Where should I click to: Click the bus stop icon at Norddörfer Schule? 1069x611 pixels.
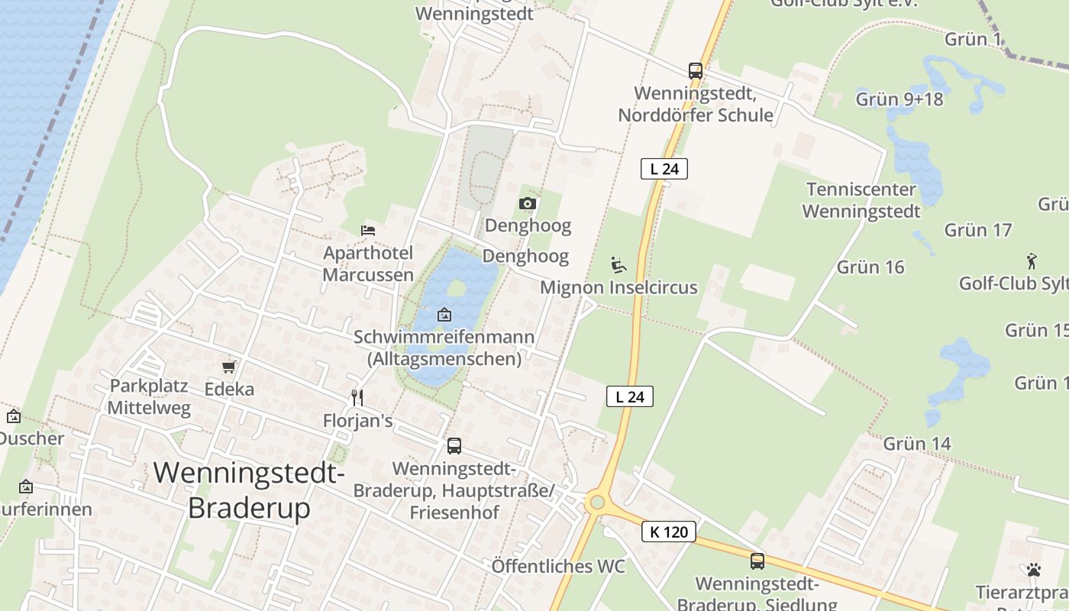pos(695,71)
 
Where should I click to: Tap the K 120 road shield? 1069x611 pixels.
pos(669,532)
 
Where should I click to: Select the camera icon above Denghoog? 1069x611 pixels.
pos(527,203)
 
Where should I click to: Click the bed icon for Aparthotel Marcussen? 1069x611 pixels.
pos(368,230)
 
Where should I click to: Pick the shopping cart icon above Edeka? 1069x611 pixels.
pos(228,367)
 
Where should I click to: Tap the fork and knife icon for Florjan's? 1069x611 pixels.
pos(357,397)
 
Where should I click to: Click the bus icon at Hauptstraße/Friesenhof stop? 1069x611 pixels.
pos(454,446)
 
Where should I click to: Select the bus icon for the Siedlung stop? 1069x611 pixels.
pos(757,561)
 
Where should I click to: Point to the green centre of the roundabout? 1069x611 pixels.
pos(596,502)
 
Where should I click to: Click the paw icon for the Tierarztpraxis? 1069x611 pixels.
pos(1034,570)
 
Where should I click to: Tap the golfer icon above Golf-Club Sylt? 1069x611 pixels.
pos(1032,260)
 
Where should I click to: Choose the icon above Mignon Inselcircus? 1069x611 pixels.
pos(618,265)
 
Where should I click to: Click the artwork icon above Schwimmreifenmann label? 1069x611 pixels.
pos(444,314)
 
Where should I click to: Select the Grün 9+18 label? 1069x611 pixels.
pos(899,99)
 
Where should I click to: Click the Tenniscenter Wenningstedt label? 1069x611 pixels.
pos(861,200)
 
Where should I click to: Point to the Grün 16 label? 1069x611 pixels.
pos(870,267)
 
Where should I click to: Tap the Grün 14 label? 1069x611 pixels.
pos(917,444)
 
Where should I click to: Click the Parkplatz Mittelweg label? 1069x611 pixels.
pos(149,396)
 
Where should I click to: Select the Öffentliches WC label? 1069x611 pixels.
pos(558,566)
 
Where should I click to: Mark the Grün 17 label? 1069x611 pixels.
pos(977,230)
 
